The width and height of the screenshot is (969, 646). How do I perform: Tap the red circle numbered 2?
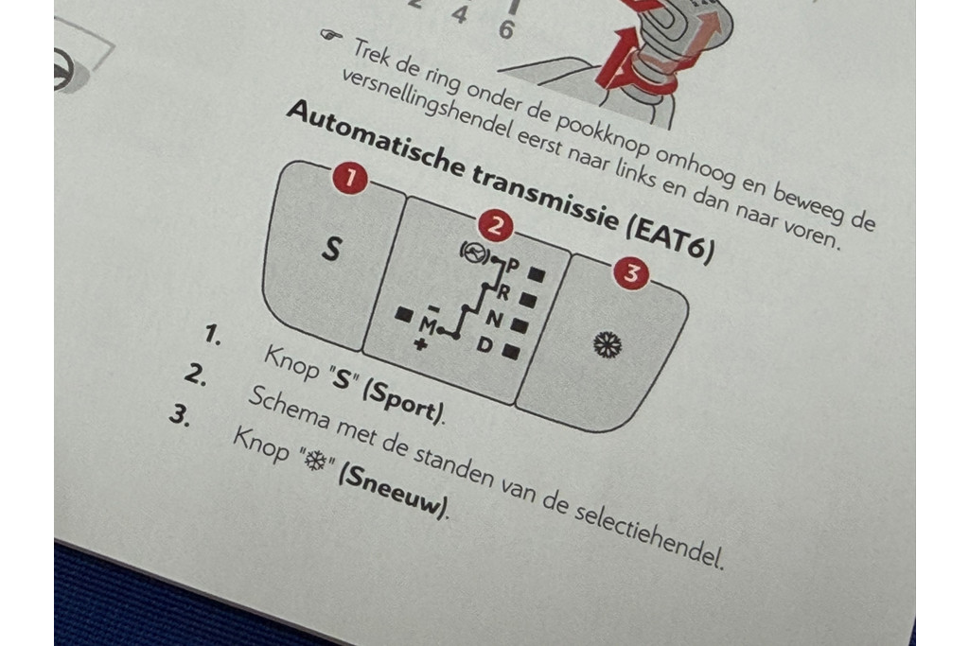[x=494, y=227]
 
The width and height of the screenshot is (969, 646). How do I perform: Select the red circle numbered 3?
[x=631, y=273]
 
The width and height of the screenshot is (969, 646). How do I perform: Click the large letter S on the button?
[x=332, y=248]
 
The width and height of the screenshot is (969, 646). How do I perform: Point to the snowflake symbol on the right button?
[x=607, y=344]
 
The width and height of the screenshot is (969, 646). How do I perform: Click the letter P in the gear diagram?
[x=513, y=266]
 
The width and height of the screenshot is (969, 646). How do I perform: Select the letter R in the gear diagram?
[x=504, y=292]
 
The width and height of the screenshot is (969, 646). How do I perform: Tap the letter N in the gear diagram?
[x=494, y=319]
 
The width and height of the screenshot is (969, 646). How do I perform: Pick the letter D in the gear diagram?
[x=484, y=344]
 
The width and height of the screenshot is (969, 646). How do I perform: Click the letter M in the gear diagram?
[x=428, y=323]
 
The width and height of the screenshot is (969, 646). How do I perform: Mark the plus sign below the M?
[x=420, y=343]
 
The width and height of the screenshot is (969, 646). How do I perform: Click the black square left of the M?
[x=405, y=316]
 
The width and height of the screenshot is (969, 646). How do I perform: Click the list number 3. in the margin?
[x=180, y=415]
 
